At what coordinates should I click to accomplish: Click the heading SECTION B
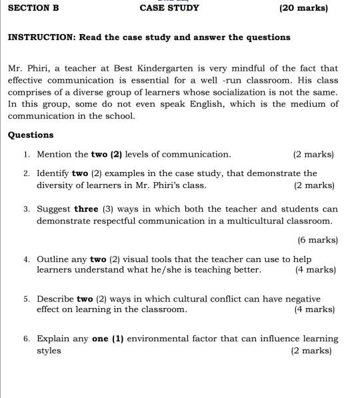point(33,8)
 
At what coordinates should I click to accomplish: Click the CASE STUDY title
point(169,8)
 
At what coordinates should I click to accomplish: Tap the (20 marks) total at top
point(303,8)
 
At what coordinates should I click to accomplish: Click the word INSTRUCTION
point(40,37)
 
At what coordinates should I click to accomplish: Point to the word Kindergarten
point(169,68)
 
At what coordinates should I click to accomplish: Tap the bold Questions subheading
point(31,135)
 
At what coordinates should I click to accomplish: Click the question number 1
point(25,154)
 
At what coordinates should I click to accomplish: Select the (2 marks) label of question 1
point(313,154)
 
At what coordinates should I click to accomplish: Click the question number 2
point(25,173)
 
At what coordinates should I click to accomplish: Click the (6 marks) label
point(317,239)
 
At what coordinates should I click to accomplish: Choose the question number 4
point(25,259)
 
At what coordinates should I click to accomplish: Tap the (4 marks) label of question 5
point(314,309)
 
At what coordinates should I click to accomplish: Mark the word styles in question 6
point(49,350)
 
